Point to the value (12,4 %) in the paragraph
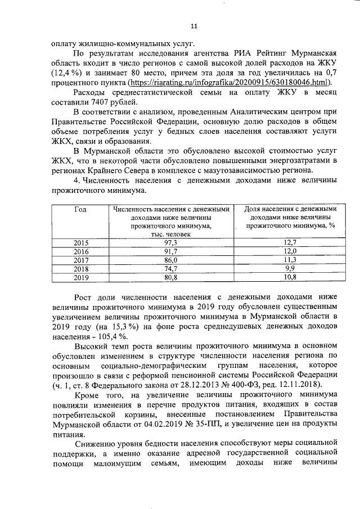(x=67, y=73)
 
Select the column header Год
(x=81, y=210)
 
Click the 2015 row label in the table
(x=81, y=242)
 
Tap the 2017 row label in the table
(x=81, y=260)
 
